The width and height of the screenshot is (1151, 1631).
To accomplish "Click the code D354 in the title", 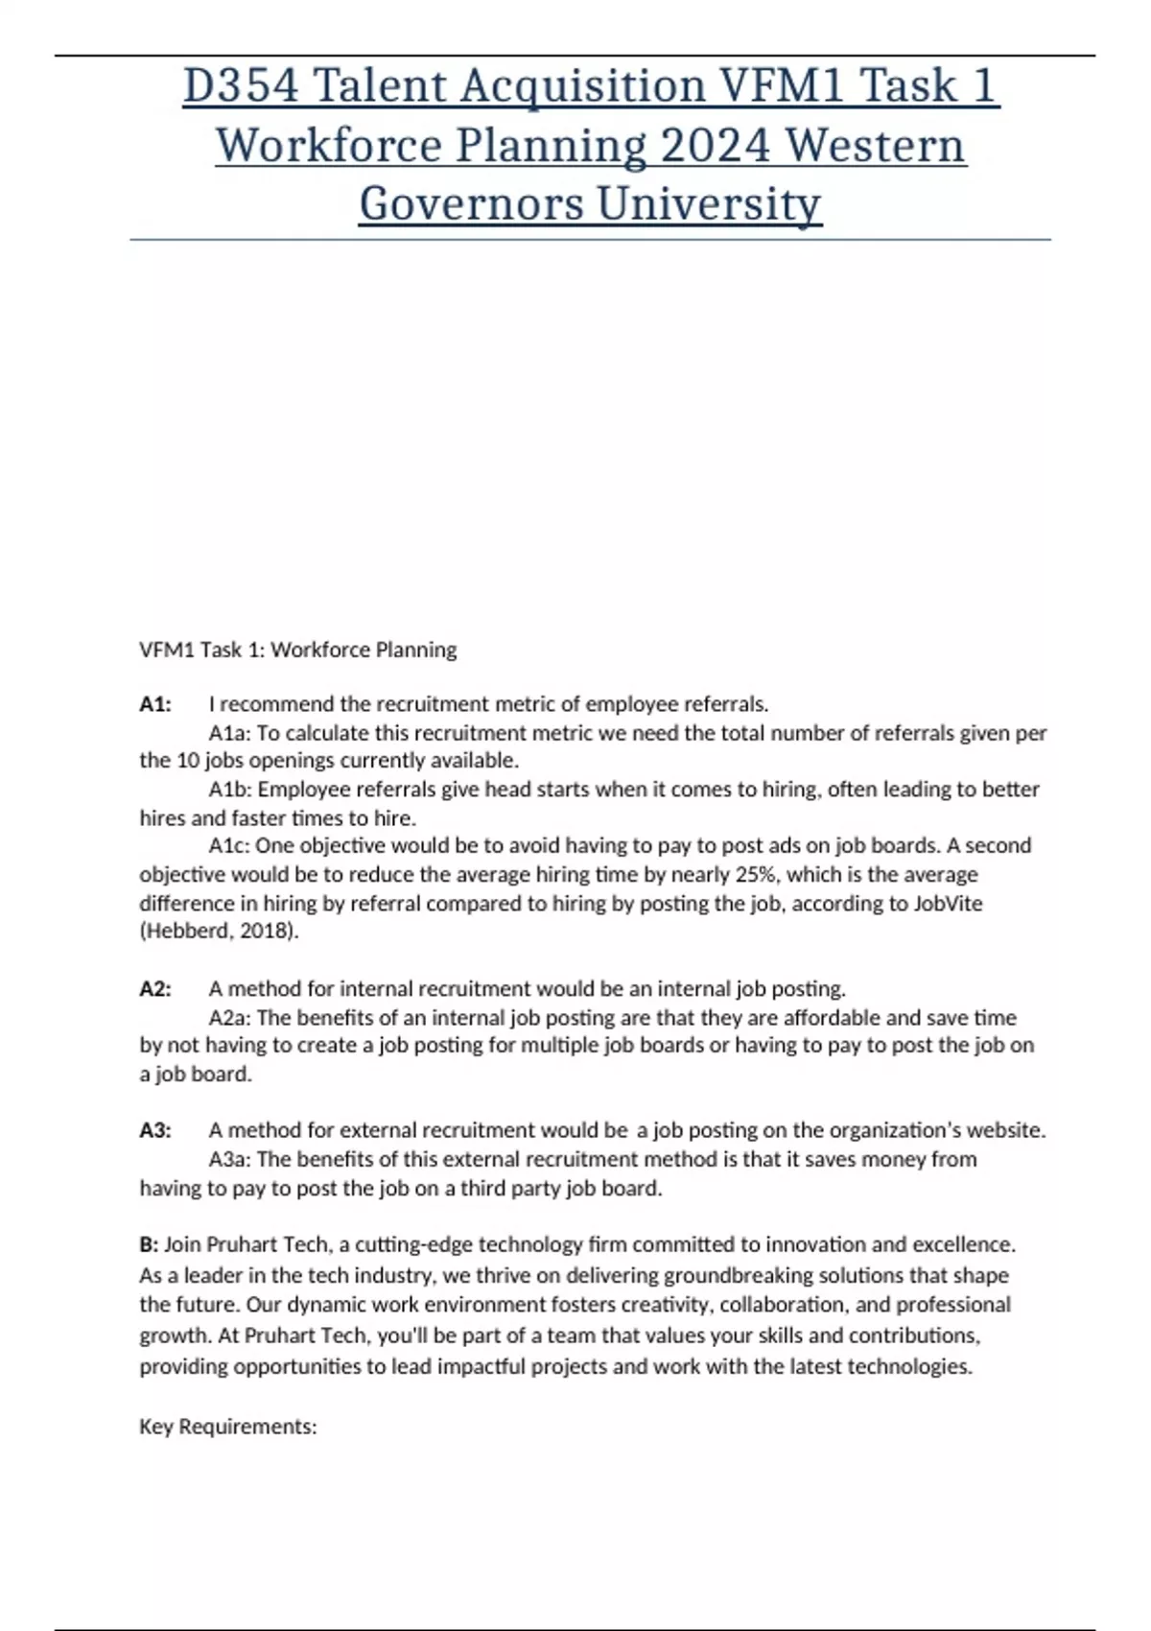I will tap(241, 86).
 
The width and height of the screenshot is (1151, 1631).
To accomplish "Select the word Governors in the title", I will tap(471, 204).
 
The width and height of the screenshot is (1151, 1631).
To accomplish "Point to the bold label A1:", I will tap(155, 704).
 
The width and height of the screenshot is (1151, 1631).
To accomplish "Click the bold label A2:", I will tap(155, 989).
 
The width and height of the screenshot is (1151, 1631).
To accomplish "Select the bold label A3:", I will tap(155, 1130).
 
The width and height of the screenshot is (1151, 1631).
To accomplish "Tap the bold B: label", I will tap(149, 1244).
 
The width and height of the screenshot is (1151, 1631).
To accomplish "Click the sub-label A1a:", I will tap(229, 733).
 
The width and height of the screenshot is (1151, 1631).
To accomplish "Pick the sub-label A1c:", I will tap(229, 845).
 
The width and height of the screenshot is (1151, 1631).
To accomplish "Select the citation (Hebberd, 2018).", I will tap(220, 931).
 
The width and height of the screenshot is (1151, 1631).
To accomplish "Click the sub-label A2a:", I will tap(230, 1017).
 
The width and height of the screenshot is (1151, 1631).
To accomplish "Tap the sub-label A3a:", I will tap(230, 1159).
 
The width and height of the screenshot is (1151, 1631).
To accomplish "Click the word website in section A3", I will tap(1007, 1130).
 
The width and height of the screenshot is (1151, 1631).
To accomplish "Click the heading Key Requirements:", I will tap(228, 1427).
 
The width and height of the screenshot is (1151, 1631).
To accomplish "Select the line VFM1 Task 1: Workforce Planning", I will tap(298, 650).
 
